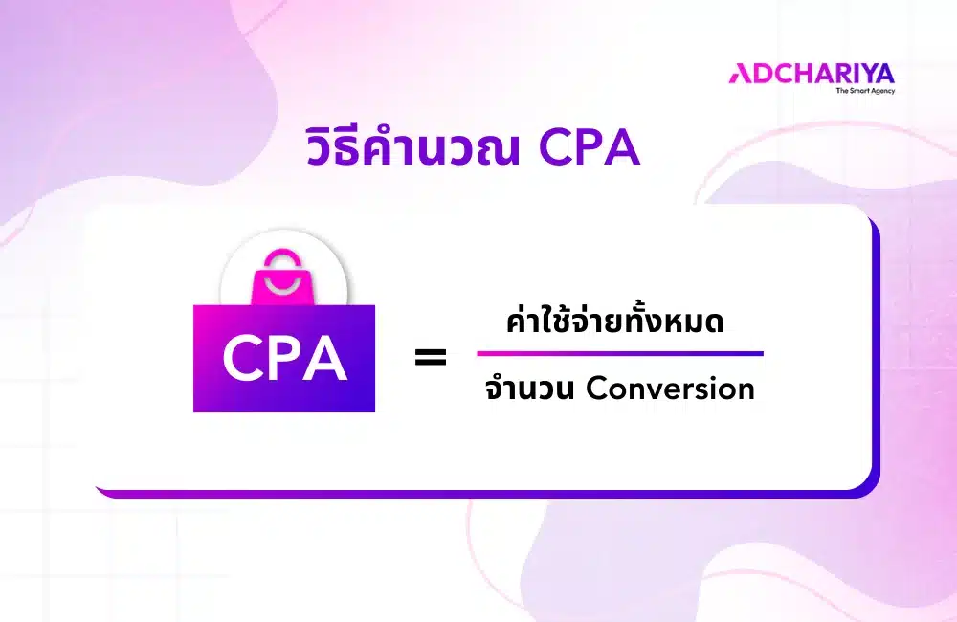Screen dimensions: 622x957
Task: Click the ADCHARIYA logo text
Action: click(x=811, y=73)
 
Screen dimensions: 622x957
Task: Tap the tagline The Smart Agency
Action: click(x=865, y=91)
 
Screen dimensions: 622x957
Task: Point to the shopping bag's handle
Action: click(x=283, y=255)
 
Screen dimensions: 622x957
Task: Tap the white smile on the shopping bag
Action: click(x=283, y=286)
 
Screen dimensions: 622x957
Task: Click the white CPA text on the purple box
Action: click(x=284, y=359)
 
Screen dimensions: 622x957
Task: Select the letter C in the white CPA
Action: click(x=241, y=359)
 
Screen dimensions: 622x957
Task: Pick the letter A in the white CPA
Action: click(x=326, y=359)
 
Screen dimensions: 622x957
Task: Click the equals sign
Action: click(x=431, y=359)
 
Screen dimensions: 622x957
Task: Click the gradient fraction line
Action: click(x=620, y=353)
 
